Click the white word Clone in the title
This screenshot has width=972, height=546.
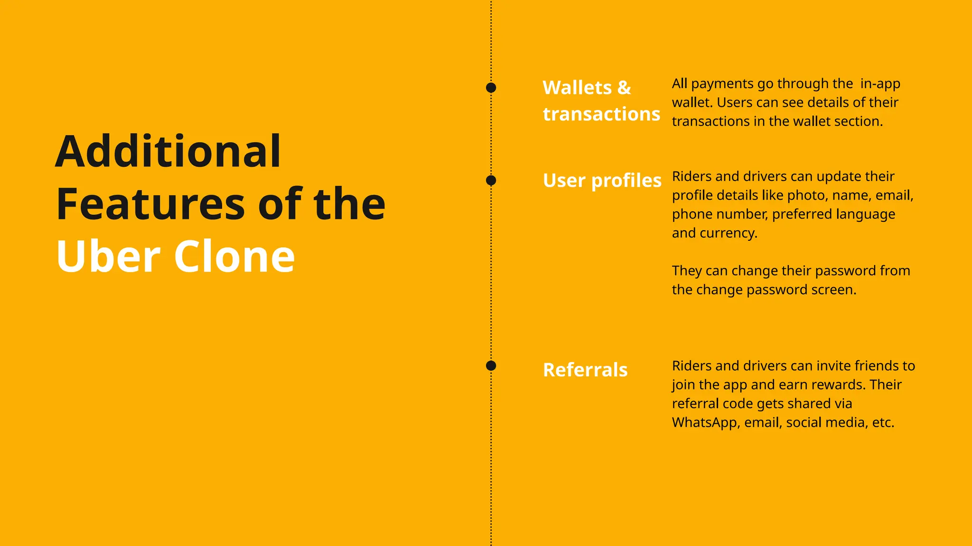coord(234,256)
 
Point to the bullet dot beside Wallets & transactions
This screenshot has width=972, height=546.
coord(491,88)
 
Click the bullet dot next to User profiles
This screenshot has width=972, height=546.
coord(491,181)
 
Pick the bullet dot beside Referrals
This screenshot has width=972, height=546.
coord(491,365)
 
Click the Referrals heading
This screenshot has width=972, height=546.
coord(585,370)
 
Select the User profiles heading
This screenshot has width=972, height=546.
coord(602,181)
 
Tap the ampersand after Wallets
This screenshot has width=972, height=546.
coord(624,88)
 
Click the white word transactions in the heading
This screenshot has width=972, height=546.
coord(601,114)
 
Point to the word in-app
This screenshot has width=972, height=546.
coord(880,84)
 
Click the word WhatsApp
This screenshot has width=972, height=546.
coord(705,423)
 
